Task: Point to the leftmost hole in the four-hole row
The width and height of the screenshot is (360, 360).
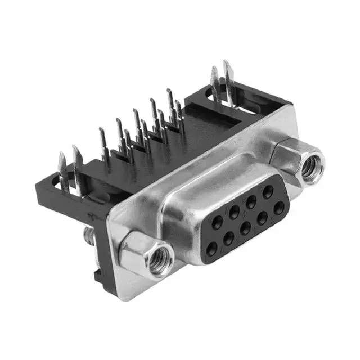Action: point(212,251)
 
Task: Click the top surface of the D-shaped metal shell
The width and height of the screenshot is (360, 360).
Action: point(225,174)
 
